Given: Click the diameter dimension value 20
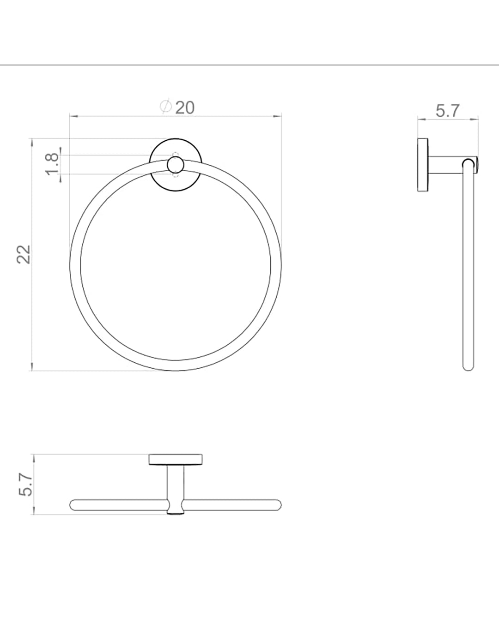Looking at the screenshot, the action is pyautogui.click(x=185, y=108).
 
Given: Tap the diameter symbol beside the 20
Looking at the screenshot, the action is pyautogui.click(x=166, y=107).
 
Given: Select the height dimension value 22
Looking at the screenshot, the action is pyautogui.click(x=24, y=254).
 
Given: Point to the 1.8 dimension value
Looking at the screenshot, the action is pyautogui.click(x=52, y=164).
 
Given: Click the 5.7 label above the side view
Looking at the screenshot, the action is pyautogui.click(x=448, y=111).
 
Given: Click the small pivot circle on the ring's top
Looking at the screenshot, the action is pyautogui.click(x=176, y=165).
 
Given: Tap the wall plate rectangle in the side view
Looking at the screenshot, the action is pyautogui.click(x=423, y=165).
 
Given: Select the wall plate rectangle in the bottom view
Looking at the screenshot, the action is pyautogui.click(x=176, y=460).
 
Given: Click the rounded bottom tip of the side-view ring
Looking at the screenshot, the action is pyautogui.click(x=468, y=368).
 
